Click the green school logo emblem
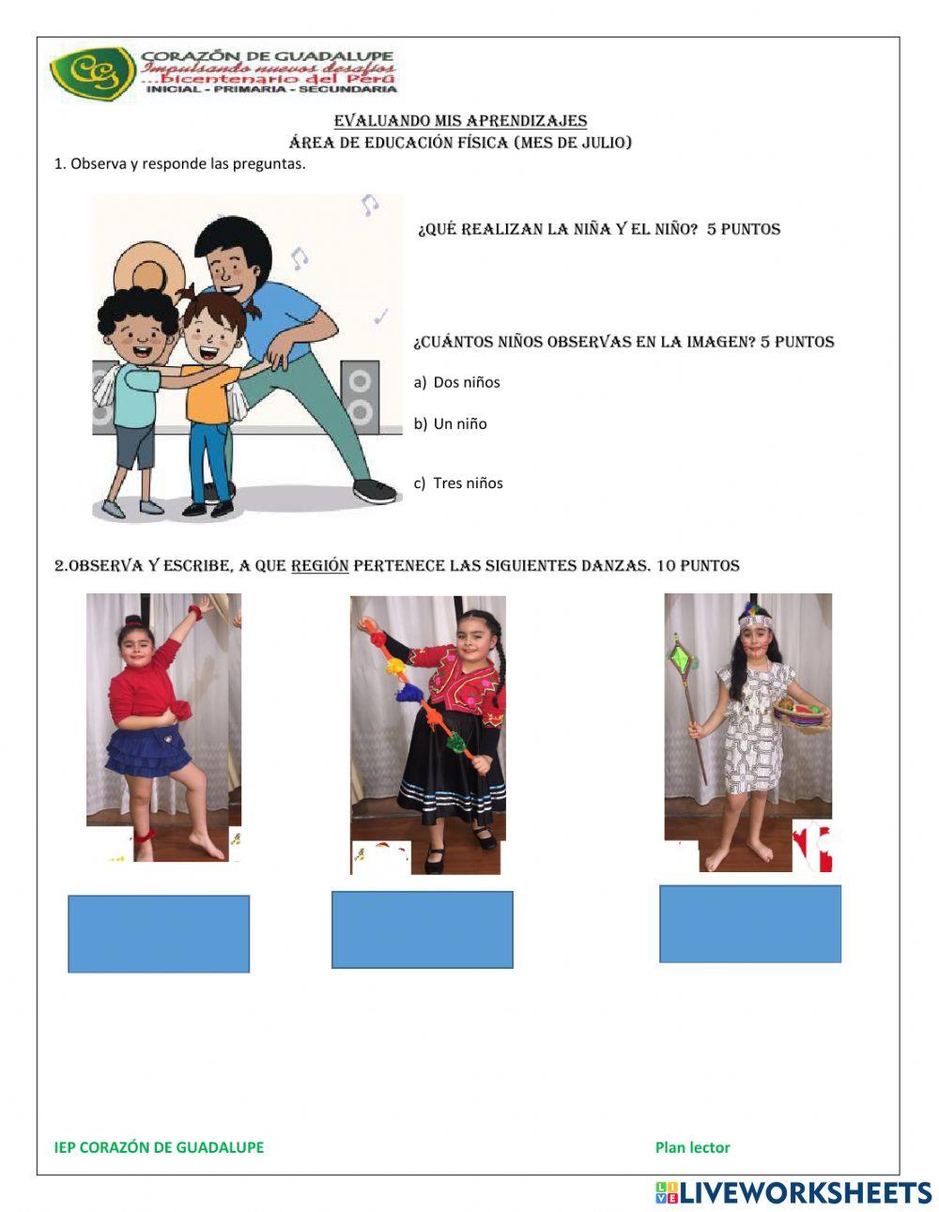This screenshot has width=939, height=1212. (x=92, y=74)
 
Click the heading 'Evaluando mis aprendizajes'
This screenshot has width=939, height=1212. (x=460, y=121)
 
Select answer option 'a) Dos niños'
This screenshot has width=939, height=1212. (x=457, y=382)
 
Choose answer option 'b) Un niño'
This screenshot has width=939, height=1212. (x=451, y=423)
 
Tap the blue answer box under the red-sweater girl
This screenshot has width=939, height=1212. (x=159, y=933)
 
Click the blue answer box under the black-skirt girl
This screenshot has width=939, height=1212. (x=423, y=929)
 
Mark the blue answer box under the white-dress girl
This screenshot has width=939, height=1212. (x=749, y=924)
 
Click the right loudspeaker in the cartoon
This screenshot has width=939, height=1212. (x=360, y=393)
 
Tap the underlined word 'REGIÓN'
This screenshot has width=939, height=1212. (x=319, y=566)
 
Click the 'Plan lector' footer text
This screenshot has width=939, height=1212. (x=692, y=1147)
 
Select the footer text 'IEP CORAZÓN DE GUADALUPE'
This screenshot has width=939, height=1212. (x=159, y=1147)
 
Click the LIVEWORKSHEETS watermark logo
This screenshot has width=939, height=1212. (x=793, y=1192)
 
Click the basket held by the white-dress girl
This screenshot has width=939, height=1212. (x=801, y=715)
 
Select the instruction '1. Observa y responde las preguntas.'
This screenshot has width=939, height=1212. (x=180, y=163)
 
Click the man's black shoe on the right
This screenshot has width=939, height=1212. (x=374, y=490)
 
